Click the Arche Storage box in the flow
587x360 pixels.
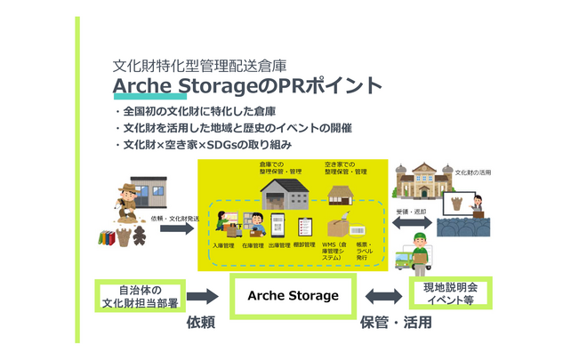pos(293,295)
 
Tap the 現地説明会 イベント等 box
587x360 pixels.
pos(450,293)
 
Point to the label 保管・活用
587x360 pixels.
pos(395,324)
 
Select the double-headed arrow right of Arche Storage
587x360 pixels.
pos(383,296)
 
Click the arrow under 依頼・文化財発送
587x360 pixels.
pos(178,229)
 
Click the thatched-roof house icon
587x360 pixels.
pos(342,192)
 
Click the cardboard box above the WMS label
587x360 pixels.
pos(337,226)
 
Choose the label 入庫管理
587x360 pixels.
pos(223,245)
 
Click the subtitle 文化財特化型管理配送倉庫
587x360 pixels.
pos(200,66)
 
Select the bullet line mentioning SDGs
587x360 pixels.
pos(207,144)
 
